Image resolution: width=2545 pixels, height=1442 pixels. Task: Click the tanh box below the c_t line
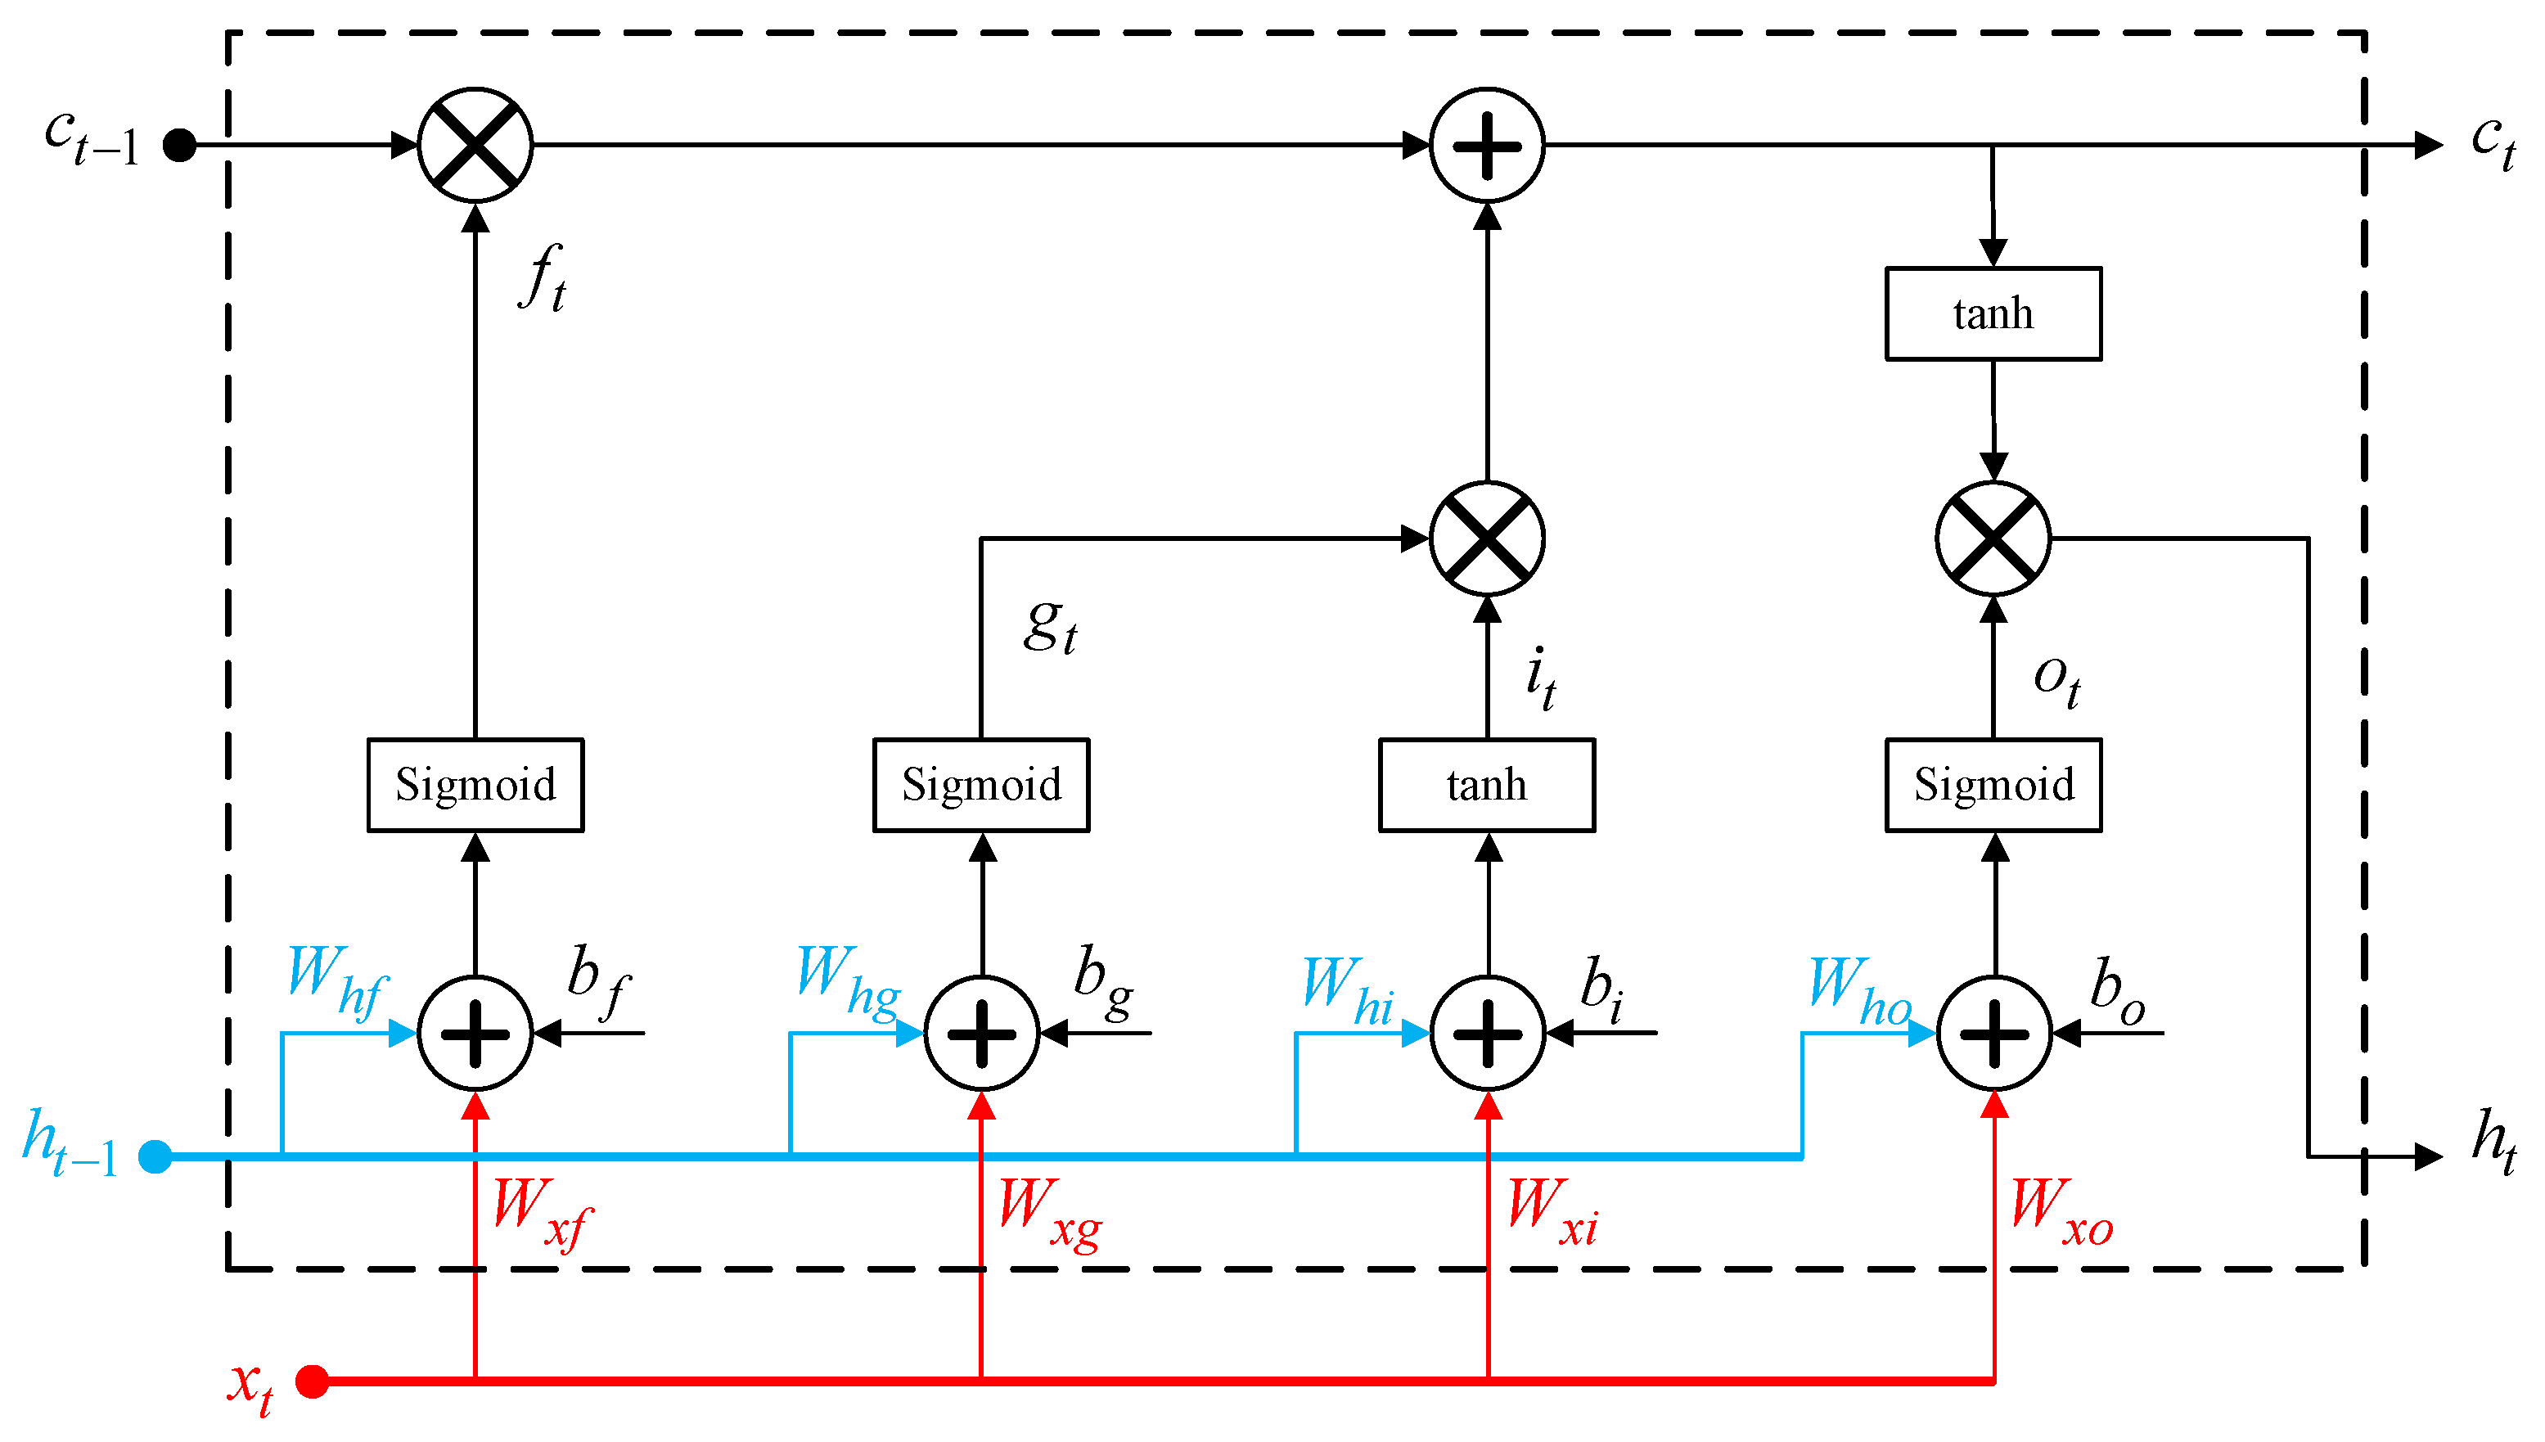click(x=1993, y=314)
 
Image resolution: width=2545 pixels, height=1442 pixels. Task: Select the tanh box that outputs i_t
click(x=1486, y=786)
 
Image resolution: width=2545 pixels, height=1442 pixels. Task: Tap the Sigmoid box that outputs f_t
click(x=475, y=786)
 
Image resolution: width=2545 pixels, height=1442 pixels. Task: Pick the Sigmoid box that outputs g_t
click(x=980, y=786)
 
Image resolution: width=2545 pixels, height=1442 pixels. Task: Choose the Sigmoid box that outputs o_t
click(x=1993, y=786)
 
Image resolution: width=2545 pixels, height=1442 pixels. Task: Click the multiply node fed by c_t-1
click(x=475, y=146)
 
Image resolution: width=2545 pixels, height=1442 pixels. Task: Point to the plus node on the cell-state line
click(x=1486, y=146)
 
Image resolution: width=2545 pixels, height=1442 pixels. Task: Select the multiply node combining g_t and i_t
click(x=1486, y=538)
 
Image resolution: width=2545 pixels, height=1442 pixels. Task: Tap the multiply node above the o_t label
click(x=1993, y=538)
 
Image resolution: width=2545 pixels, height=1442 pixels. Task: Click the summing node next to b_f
click(x=475, y=1034)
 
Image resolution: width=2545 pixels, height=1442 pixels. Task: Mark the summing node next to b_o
click(x=1993, y=1034)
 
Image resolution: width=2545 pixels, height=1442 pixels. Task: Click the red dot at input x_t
click(x=313, y=1381)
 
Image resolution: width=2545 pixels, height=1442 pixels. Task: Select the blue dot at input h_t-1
click(x=155, y=1156)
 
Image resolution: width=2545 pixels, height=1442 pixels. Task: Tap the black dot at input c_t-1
click(x=179, y=146)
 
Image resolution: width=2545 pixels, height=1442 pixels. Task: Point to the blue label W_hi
click(x=1347, y=990)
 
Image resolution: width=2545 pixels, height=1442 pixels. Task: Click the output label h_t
click(x=2493, y=1141)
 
